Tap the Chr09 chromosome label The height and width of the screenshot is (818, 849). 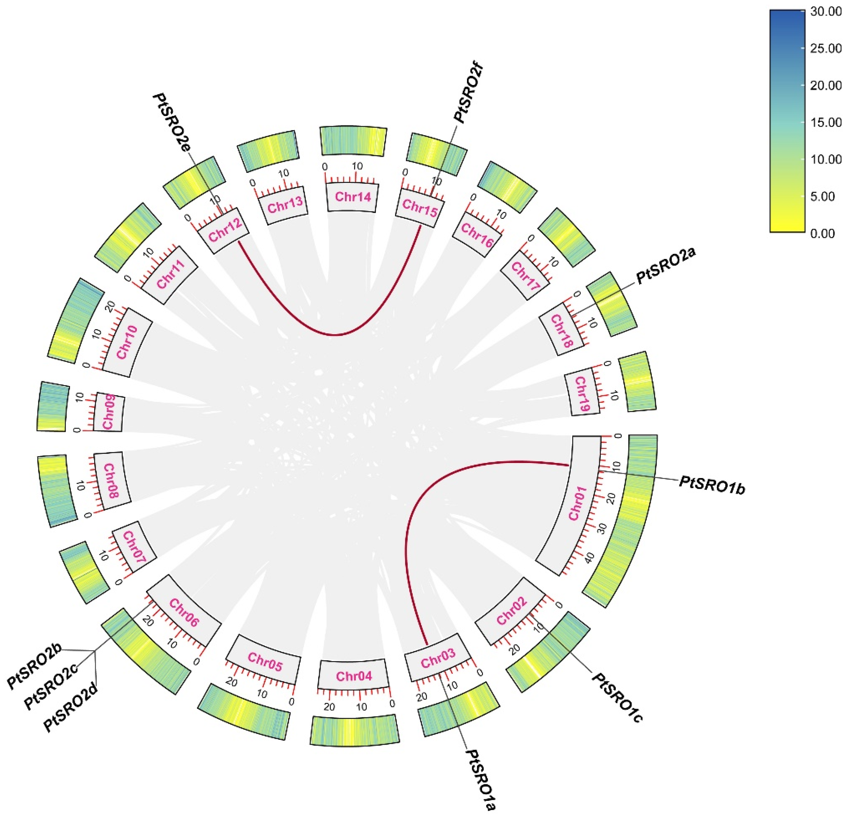tap(108, 412)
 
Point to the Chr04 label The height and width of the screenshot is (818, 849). tap(354, 676)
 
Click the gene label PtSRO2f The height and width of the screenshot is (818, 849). tap(468, 93)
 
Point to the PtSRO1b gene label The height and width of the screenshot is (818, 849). tap(712, 484)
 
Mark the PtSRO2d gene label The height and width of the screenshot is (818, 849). tap(71, 712)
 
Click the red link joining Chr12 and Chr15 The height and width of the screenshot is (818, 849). tap(336, 334)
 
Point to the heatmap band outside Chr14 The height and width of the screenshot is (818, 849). tap(353, 141)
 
